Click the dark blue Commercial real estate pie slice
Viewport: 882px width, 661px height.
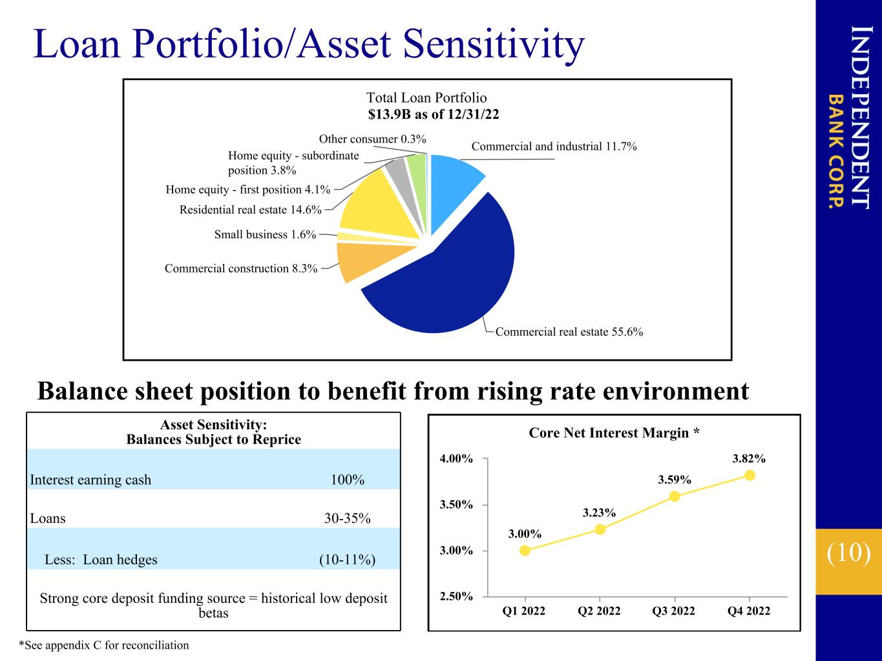pyautogui.click(x=450, y=277)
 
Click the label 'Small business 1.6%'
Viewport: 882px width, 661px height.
pyautogui.click(x=265, y=234)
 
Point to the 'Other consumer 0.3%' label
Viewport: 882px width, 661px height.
pyautogui.click(x=372, y=139)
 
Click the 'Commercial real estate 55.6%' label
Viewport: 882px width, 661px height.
pyautogui.click(x=569, y=332)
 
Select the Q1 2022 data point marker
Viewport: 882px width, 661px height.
pyautogui.click(x=525, y=551)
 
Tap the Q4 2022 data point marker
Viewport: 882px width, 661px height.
pyautogui.click(x=750, y=476)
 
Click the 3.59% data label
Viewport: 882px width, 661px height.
pyautogui.click(x=675, y=480)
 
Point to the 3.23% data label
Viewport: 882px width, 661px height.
pyautogui.click(x=600, y=513)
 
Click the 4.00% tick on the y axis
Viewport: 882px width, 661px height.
pyautogui.click(x=456, y=458)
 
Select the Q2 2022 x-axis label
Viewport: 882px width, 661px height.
pyautogui.click(x=599, y=611)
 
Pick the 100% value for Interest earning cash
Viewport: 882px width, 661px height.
pyautogui.click(x=348, y=480)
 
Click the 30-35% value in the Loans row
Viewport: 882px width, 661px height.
pyautogui.click(x=348, y=518)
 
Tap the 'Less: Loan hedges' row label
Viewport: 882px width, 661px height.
pyautogui.click(x=101, y=560)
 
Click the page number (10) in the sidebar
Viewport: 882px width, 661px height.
pyautogui.click(x=848, y=553)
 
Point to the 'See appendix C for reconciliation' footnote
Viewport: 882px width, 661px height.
pyautogui.click(x=103, y=645)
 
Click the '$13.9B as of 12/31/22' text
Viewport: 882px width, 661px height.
pyautogui.click(x=434, y=114)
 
